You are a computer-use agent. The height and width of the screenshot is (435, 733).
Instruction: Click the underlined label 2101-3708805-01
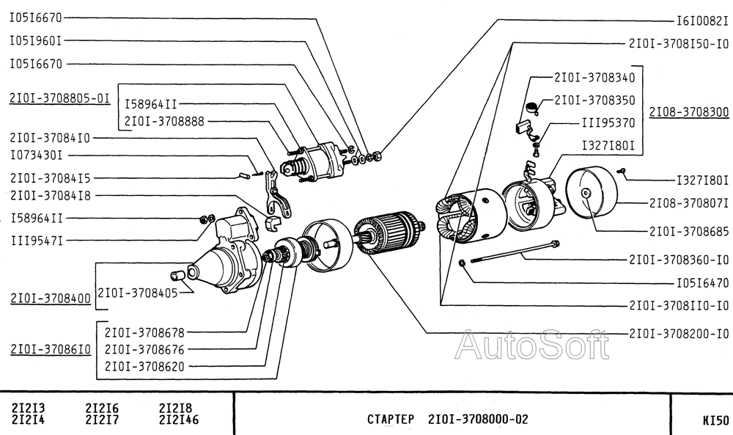60,98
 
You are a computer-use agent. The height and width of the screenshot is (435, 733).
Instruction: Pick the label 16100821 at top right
701,21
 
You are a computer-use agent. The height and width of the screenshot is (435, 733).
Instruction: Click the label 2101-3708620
144,365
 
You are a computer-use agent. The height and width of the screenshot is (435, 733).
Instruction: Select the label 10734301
36,156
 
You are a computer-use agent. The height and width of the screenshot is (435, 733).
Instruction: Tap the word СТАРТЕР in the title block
391,420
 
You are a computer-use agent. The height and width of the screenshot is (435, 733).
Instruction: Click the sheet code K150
715,421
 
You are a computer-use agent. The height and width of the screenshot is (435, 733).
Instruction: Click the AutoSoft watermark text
531,345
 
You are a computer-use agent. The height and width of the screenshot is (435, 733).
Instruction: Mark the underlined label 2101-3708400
51,299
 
